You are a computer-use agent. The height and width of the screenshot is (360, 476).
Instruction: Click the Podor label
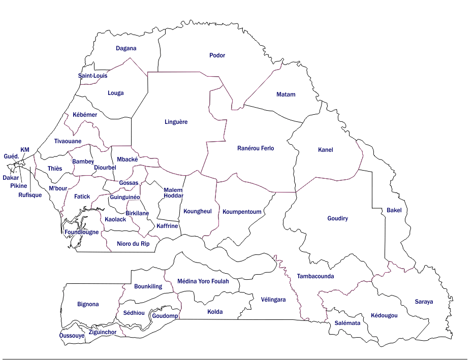coord(217,55)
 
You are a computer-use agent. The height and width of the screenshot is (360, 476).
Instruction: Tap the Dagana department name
coord(126,48)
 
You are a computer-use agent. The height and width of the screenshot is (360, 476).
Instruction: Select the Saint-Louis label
coord(92,76)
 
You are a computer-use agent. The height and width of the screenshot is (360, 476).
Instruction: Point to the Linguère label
coord(176,122)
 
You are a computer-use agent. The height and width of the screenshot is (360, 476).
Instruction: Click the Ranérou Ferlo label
coord(256,148)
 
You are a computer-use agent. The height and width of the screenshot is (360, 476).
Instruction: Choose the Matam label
coord(285,94)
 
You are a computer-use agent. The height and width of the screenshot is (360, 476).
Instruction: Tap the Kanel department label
coord(325,150)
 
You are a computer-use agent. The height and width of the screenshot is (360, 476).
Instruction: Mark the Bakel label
coord(394,210)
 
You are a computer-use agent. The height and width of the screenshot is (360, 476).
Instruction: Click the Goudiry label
coord(337,218)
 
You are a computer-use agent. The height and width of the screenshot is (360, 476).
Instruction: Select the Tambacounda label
coord(315,276)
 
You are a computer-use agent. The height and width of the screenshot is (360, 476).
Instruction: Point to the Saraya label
coord(424,302)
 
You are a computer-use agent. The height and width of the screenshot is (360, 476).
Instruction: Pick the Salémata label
coord(347,323)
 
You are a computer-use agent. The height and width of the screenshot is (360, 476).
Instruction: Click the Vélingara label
coord(273,300)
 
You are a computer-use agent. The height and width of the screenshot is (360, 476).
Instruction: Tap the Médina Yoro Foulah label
coord(203,281)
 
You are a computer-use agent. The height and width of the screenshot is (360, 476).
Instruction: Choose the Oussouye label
coord(72,336)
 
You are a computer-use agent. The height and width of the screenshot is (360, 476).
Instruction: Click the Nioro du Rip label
coord(133,244)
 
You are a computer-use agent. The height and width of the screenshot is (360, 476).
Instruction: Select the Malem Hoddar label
coord(173,193)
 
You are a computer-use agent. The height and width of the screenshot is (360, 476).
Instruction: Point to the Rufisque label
coord(30,195)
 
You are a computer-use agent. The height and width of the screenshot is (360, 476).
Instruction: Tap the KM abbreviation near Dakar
coord(25,149)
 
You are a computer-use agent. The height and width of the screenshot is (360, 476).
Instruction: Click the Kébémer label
coord(85,115)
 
